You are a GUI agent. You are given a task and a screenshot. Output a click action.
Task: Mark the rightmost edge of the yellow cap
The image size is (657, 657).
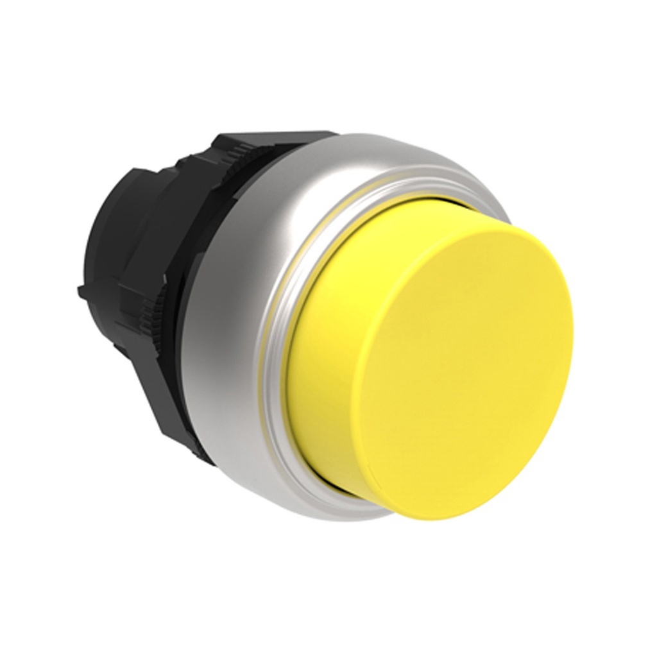click(x=572, y=334)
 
